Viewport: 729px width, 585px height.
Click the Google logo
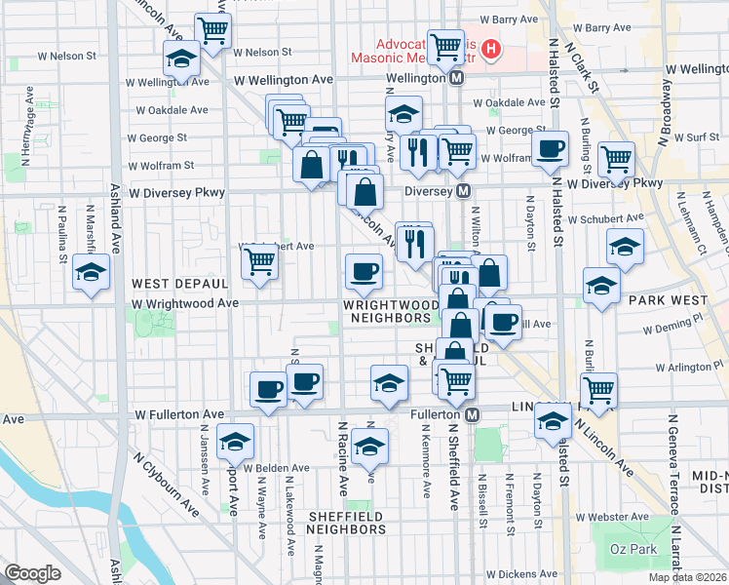pos(32,573)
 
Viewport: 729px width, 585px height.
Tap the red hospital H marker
pos(491,48)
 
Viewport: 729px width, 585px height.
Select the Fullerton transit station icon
pos(472,415)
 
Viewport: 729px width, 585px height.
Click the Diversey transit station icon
pos(464,192)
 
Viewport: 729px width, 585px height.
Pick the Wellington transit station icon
pos(456,76)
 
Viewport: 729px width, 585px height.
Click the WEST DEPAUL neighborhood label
pos(179,283)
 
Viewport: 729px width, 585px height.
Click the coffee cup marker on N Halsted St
pos(551,148)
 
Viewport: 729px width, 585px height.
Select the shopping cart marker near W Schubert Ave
pos(259,260)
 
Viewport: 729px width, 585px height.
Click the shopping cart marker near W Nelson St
pos(211,28)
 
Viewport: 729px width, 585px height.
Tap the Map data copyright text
pos(688,577)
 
